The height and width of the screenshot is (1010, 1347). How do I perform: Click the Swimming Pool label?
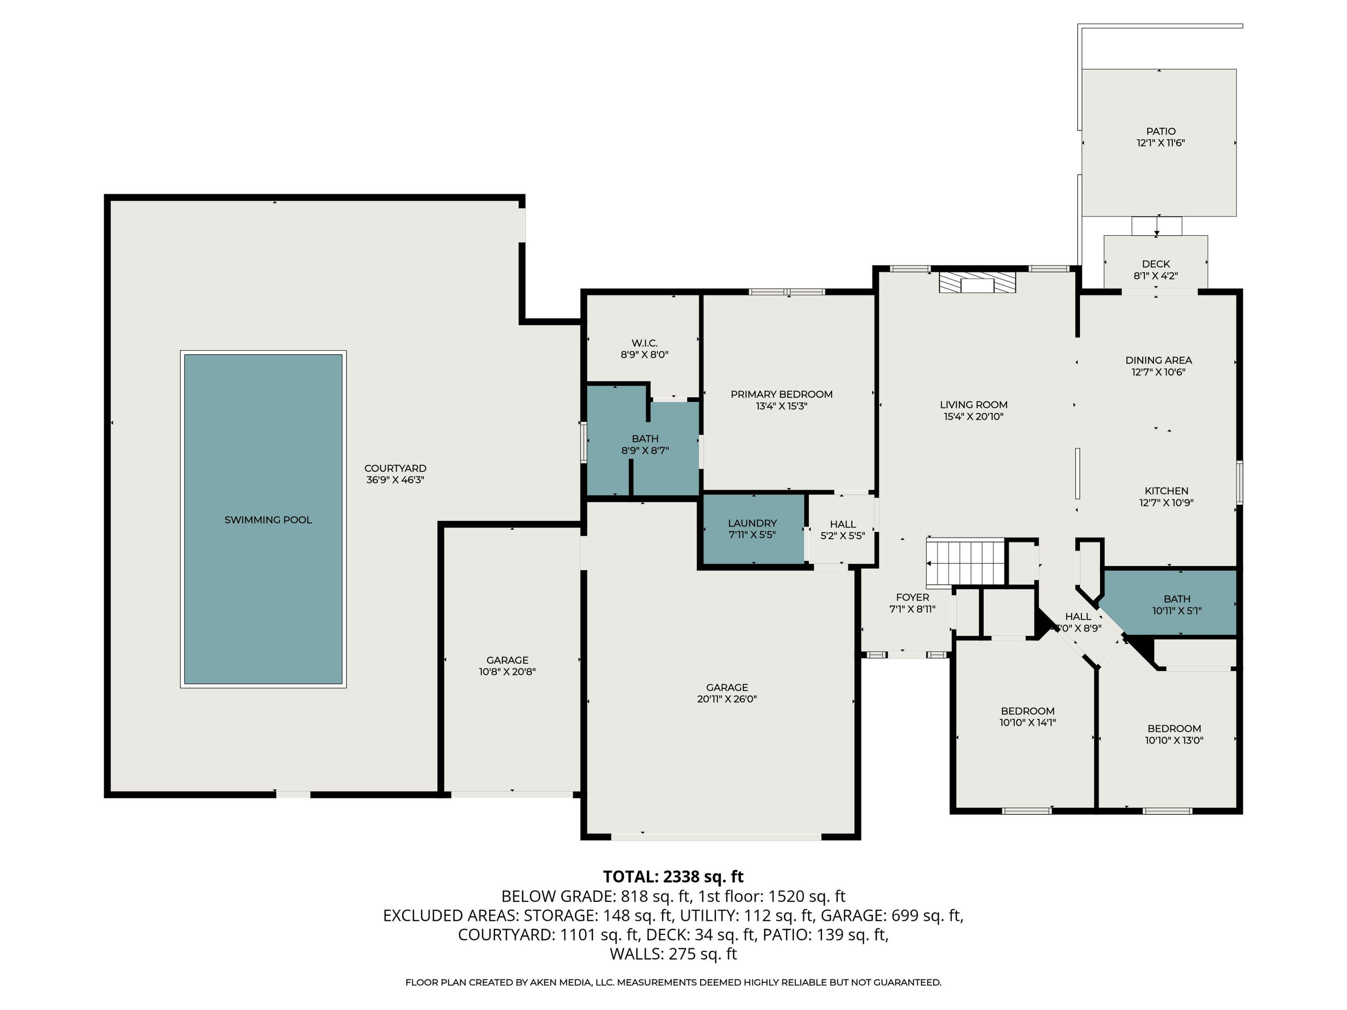pyautogui.click(x=268, y=519)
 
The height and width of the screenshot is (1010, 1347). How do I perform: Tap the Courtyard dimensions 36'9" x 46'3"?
pyautogui.click(x=395, y=480)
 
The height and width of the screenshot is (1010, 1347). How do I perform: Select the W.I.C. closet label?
pyautogui.click(x=644, y=343)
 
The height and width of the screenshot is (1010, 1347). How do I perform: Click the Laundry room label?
pyautogui.click(x=752, y=523)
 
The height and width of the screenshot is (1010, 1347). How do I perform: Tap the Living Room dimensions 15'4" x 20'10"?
pyautogui.click(x=974, y=417)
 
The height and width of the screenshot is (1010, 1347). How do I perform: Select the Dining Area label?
pyautogui.click(x=1158, y=360)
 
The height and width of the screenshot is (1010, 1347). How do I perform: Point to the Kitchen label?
pyautogui.click(x=1166, y=491)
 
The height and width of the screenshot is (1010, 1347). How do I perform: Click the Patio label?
pyautogui.click(x=1161, y=131)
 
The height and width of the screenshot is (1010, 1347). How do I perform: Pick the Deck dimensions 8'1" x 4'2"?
pyautogui.click(x=1156, y=276)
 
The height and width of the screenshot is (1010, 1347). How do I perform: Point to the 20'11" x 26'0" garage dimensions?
pyautogui.click(x=727, y=699)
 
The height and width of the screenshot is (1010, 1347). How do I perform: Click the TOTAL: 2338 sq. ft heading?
pyautogui.click(x=673, y=876)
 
